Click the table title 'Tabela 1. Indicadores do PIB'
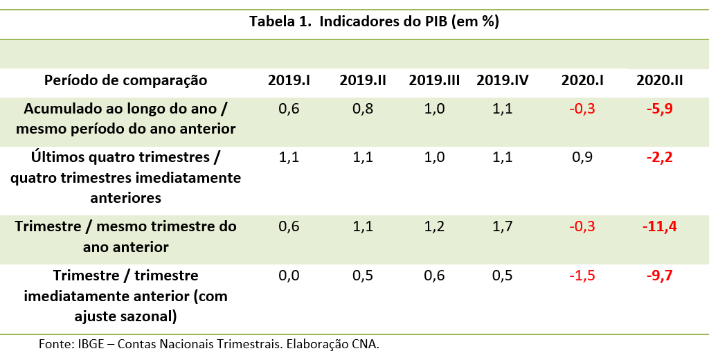[374, 21]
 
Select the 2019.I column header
[289, 80]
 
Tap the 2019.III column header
[434, 80]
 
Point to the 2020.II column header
[659, 80]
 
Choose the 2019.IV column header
[502, 80]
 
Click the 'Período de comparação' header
[125, 80]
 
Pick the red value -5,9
[659, 109]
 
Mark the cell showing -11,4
[659, 226]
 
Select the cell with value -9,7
[659, 276]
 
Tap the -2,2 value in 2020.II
[659, 157]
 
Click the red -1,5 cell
[582, 276]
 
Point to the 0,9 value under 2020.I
[582, 157]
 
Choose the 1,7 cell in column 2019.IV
[502, 226]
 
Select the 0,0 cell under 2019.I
[289, 276]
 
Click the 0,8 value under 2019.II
[362, 109]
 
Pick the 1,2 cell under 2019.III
[434, 226]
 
